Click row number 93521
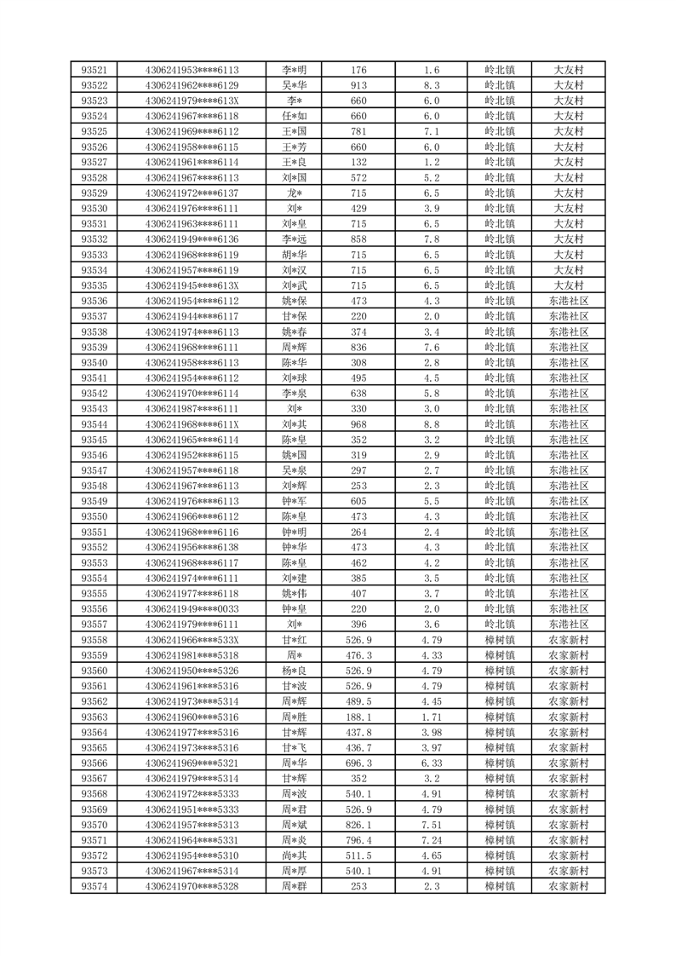tap(94, 70)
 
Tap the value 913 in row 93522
tap(358, 85)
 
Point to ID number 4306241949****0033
tap(192, 609)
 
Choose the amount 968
tap(358, 424)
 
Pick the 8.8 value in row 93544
tap(431, 424)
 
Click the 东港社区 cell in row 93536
tap(568, 301)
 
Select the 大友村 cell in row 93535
tap(568, 285)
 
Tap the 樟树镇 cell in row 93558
tap(500, 640)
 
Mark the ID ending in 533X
tap(192, 640)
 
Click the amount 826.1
tap(358, 825)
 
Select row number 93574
tap(94, 886)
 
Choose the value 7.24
tap(431, 840)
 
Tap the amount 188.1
tap(358, 717)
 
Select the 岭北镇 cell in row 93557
tap(500, 625)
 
